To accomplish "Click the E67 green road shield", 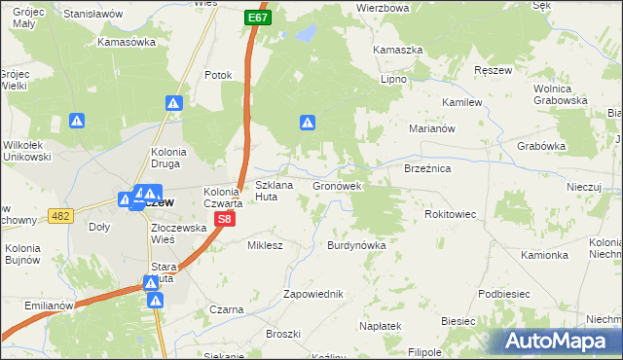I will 257,18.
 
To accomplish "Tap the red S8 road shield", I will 224,221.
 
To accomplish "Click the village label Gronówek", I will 337,185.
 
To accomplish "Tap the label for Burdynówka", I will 356,246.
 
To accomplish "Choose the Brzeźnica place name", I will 426,168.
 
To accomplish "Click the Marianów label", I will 429,126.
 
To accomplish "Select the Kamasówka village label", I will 128,43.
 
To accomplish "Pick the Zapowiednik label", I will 312,294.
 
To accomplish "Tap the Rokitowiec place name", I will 451,214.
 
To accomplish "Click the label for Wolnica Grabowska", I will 560,94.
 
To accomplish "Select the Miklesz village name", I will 265,245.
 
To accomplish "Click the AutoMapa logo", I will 559,341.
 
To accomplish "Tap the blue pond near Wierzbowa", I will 306,35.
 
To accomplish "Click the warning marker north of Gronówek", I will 308,123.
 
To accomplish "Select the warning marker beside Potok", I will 173,102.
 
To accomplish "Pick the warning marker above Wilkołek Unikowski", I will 78,121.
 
